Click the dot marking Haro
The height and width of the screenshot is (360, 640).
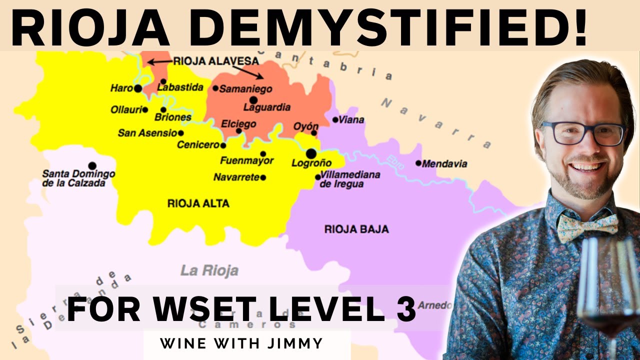138,88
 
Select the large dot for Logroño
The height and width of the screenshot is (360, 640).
311,153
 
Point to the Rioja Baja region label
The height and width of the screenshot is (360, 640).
356,229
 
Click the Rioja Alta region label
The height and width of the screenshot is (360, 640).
198,203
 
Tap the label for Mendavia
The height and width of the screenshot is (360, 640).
444,163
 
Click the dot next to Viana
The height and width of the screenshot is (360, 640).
335,119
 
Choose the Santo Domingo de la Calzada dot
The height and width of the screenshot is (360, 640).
92,165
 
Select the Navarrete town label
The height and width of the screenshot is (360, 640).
236,177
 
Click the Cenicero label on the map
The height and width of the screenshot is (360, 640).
198,145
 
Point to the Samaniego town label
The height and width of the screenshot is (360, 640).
245,89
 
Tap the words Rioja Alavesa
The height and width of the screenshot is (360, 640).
215,61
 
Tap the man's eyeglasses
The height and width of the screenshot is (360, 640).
583,133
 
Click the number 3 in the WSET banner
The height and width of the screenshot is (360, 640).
406,309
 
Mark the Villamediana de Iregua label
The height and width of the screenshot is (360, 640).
350,179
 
